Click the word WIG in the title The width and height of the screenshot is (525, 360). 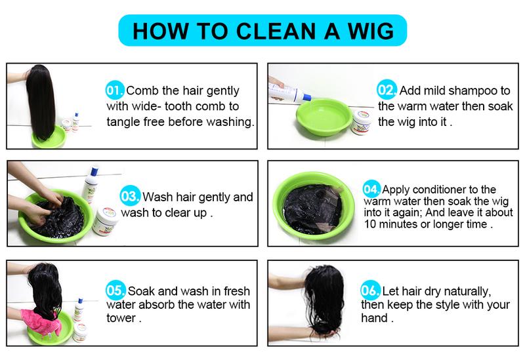[369, 31]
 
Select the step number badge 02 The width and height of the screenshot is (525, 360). [385, 90]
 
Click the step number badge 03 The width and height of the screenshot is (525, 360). [129, 196]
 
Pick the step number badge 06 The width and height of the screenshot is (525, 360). [370, 290]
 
